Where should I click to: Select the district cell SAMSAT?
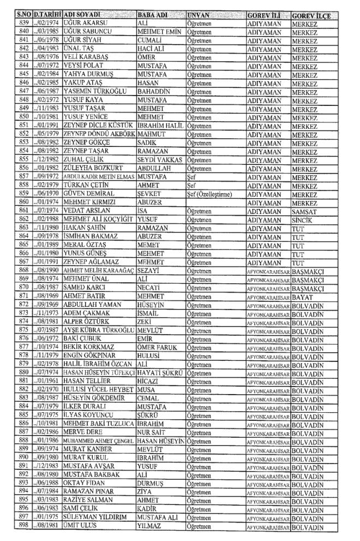(304, 210)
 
